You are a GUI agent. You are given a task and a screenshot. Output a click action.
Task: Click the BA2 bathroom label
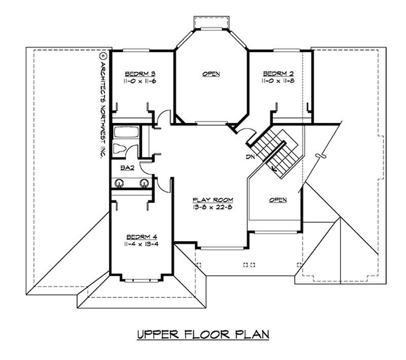click(127, 168)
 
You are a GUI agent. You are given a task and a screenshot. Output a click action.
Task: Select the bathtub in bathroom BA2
click(124, 133)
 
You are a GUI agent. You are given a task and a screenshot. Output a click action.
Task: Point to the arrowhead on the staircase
click(275, 171)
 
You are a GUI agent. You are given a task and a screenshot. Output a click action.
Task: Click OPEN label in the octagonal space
click(211, 74)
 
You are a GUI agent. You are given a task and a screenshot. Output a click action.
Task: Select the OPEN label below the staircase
click(278, 200)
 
